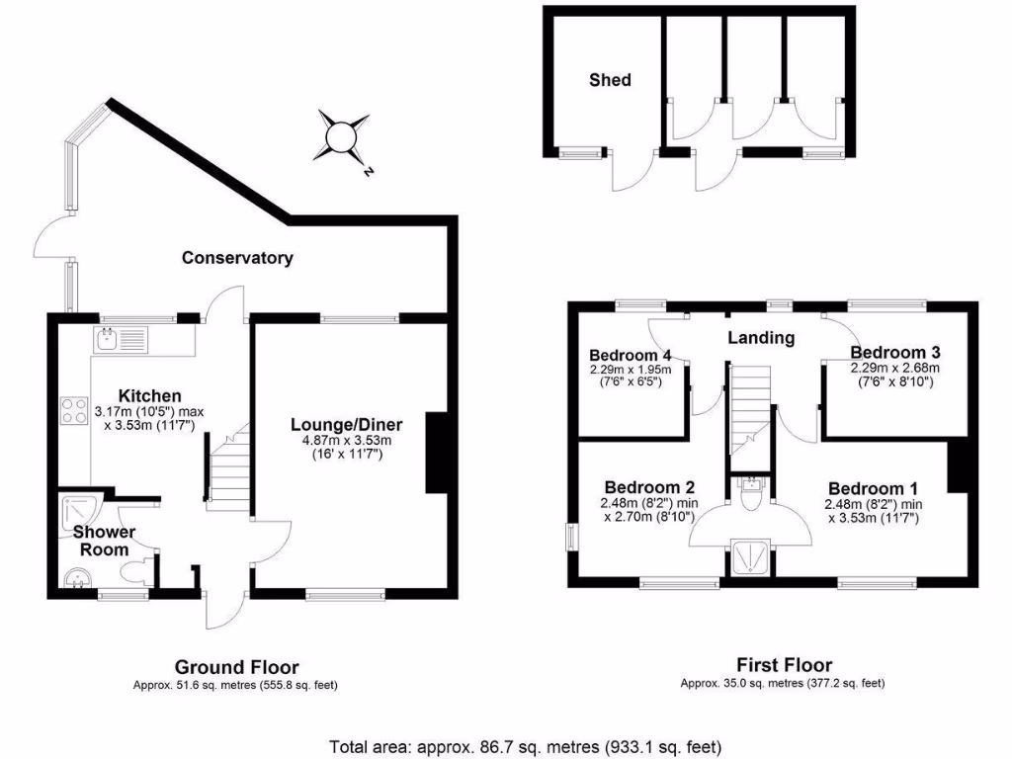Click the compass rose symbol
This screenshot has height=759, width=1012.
tap(344, 134)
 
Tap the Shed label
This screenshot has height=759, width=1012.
tap(610, 79)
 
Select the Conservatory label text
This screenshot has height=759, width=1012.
tap(237, 258)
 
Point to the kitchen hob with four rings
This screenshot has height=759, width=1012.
tap(73, 411)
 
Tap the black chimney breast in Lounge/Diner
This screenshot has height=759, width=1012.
tap(436, 452)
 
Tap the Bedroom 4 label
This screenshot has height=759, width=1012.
tap(631, 356)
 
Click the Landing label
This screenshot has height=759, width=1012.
tap(761, 338)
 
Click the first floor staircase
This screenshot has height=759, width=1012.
tap(750, 406)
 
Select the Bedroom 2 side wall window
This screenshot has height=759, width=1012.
tap(572, 538)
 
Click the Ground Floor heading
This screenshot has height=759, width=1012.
tap(236, 667)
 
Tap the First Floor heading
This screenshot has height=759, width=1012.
tap(784, 665)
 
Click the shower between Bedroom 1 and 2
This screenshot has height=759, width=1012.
tap(750, 558)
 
